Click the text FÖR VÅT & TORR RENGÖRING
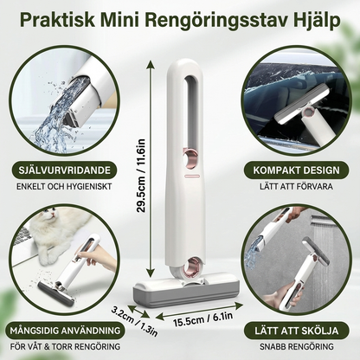click(61, 345)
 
